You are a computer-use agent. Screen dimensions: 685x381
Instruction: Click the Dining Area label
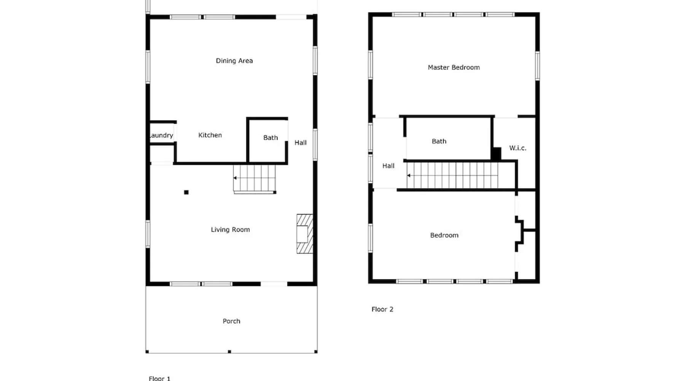point(234,61)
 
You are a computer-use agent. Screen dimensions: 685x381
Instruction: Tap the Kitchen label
point(210,135)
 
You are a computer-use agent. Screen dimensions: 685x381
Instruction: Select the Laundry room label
point(161,135)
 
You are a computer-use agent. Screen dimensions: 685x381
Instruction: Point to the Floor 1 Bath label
point(271,138)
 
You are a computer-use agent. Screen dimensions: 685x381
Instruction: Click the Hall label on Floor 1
point(300,142)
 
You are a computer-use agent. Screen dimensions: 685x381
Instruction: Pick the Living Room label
point(230,229)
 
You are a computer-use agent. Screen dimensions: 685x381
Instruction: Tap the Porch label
point(231,321)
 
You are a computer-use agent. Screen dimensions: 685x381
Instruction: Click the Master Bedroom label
point(454,67)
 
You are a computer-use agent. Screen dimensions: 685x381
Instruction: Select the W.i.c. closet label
point(518,148)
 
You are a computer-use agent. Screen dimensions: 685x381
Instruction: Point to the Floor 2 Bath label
point(439,141)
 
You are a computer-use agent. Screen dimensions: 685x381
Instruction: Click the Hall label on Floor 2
point(388,166)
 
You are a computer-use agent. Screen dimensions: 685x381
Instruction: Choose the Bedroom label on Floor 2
point(444,235)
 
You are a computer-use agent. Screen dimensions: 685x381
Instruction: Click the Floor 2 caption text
point(382,309)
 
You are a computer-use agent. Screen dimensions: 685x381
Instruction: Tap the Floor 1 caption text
point(159,378)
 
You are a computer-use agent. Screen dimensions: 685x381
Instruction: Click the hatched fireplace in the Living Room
point(305,234)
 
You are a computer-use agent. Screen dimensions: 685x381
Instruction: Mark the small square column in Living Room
point(186,192)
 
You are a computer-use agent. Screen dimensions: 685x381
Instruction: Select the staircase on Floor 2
point(452,175)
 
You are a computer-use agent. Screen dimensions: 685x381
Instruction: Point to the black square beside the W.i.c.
point(496,154)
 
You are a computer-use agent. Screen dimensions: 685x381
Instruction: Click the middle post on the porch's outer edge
point(229,352)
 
